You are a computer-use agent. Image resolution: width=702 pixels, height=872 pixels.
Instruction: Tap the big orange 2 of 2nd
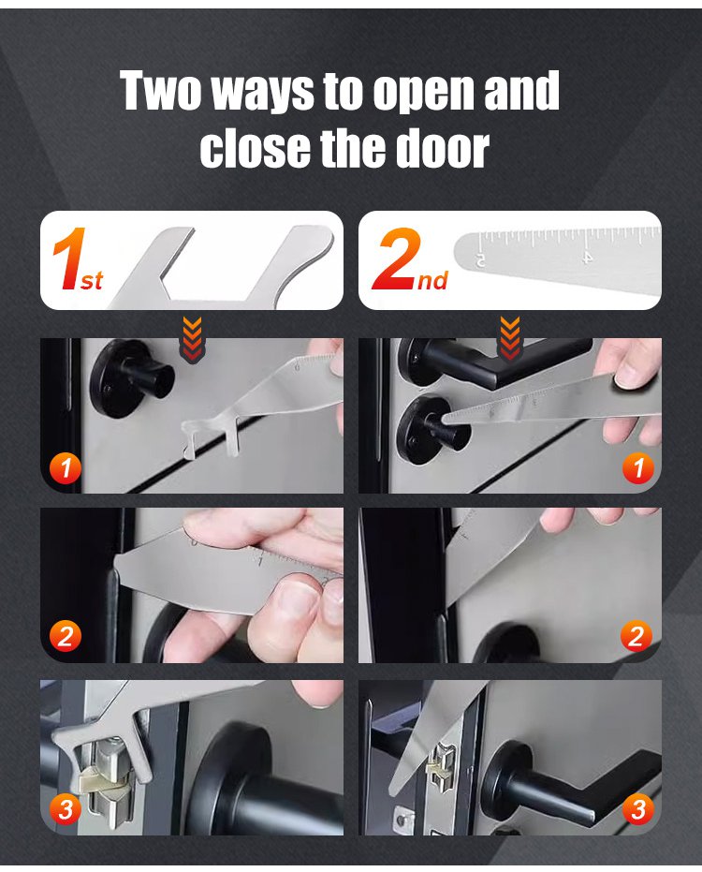(397, 259)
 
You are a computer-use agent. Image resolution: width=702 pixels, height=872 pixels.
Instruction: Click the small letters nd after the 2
(432, 281)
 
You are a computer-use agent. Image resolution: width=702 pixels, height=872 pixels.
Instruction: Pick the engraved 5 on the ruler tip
(480, 259)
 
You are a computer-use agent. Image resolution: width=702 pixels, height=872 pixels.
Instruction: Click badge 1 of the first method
(66, 467)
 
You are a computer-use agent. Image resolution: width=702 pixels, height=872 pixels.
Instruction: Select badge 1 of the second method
(637, 467)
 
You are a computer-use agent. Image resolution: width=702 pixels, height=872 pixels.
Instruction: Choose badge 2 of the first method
(66, 636)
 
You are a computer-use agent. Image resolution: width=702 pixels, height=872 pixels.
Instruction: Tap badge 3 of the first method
(66, 809)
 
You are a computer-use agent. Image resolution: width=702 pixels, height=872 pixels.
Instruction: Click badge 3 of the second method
(637, 809)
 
